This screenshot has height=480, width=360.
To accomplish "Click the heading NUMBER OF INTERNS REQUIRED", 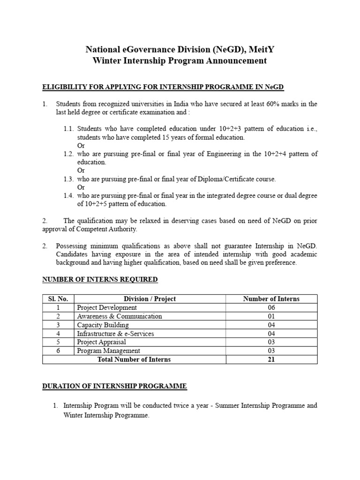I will [x=100, y=280].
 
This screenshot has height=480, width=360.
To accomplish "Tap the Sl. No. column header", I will [x=59, y=299].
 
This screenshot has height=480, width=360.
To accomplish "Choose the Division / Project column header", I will [x=150, y=299].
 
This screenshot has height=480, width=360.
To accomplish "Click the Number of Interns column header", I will [x=271, y=299].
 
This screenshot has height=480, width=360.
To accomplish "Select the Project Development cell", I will [x=107, y=307].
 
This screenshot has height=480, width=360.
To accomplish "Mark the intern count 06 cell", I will [x=271, y=307].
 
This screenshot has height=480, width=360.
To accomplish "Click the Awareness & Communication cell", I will [x=119, y=316].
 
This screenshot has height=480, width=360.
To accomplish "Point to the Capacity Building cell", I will [x=103, y=325].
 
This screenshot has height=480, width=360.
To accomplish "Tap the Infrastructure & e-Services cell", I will [x=115, y=334].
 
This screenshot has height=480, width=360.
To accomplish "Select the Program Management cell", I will [x=108, y=351].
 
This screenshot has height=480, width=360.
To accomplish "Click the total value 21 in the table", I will [x=271, y=360].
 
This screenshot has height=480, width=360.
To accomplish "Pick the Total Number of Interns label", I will [x=134, y=360].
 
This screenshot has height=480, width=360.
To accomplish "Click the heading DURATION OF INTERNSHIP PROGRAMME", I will [x=114, y=386].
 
